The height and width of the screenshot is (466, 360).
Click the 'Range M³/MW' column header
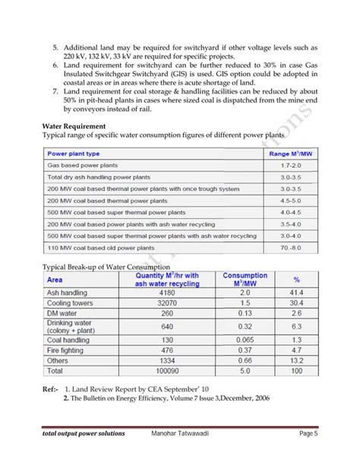pyautogui.click(x=290, y=153)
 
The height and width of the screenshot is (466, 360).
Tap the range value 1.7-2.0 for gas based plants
pyautogui.click(x=291, y=164)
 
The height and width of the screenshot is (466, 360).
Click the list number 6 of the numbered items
pyautogui.click(x=55, y=67)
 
